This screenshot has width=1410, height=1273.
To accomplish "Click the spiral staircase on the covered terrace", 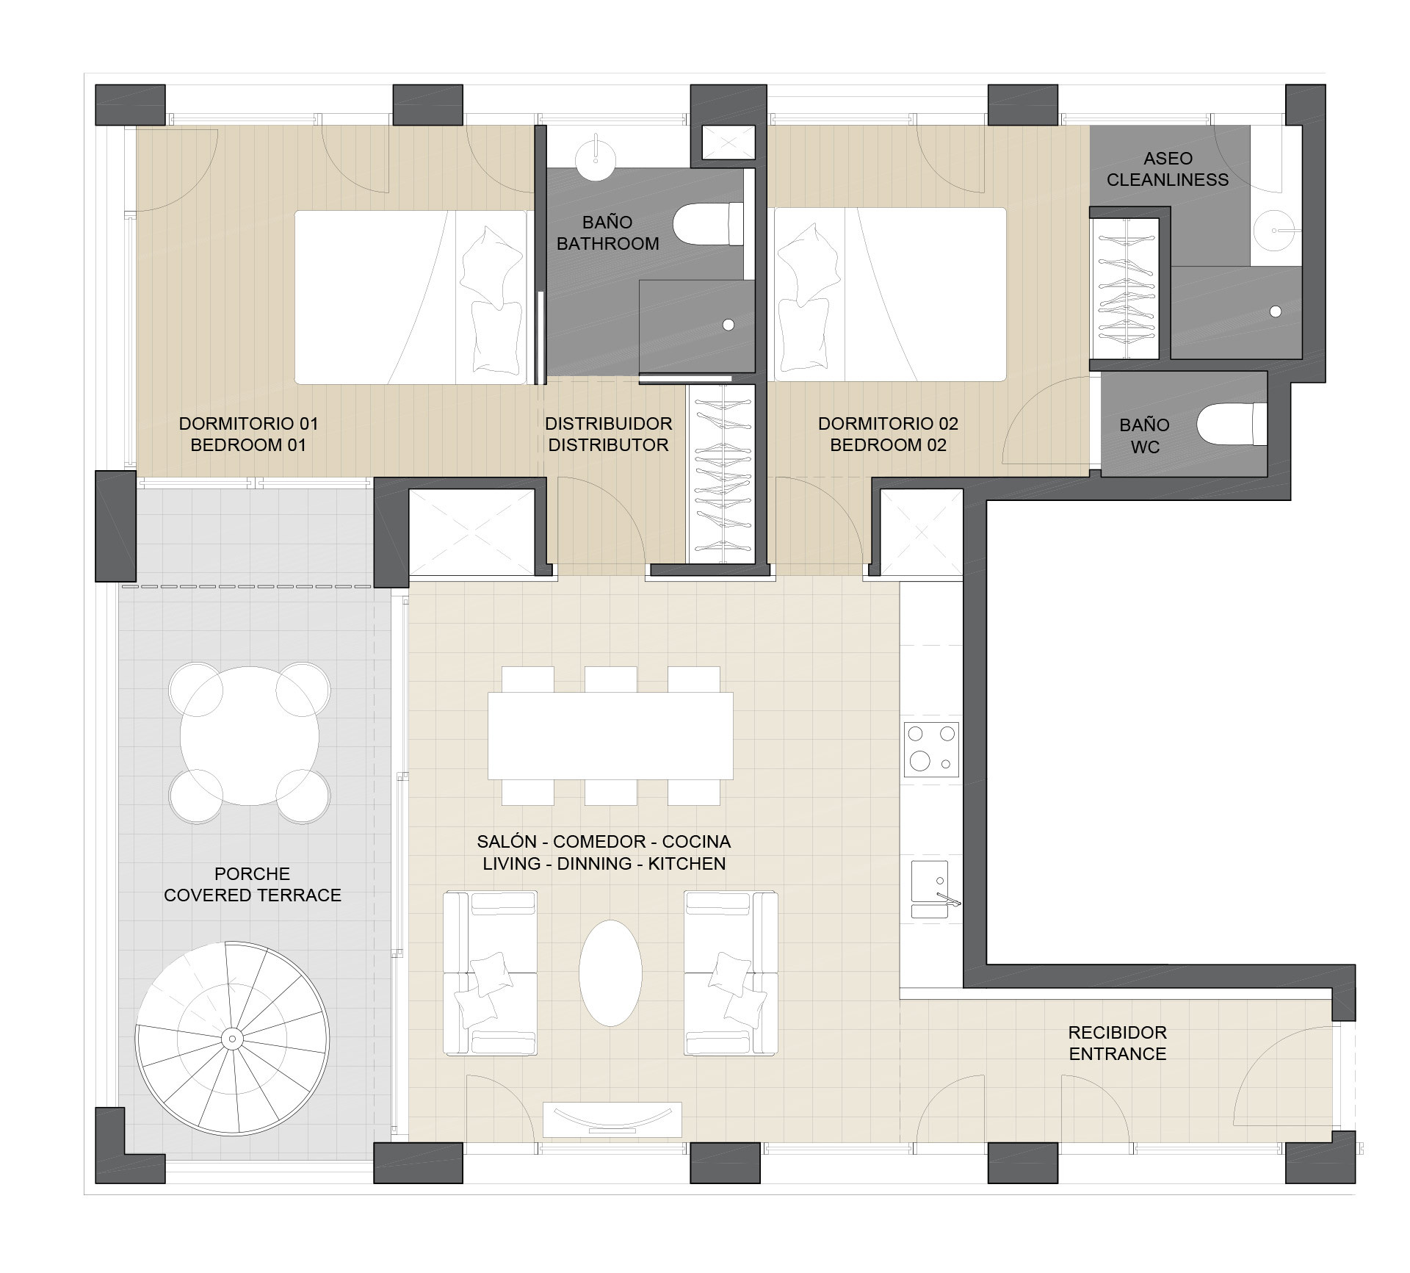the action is (x=232, y=1037).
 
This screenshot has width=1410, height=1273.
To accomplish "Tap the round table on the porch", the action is (x=250, y=736).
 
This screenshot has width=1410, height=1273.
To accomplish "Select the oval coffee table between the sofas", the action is (x=610, y=973).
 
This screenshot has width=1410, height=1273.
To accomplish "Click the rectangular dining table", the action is (x=610, y=735).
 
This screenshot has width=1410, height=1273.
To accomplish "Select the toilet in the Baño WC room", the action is (x=1232, y=424).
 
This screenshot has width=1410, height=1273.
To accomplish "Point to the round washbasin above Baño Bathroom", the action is (x=596, y=157).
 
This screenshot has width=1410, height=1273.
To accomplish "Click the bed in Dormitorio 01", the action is (x=411, y=297).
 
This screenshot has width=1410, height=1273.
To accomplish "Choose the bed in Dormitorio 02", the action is (x=890, y=294).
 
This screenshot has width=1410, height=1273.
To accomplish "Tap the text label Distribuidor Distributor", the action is (x=609, y=434).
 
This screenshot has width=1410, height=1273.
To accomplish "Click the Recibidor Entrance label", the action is (x=1118, y=1043).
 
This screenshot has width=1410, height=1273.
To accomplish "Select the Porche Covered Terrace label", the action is (x=253, y=884).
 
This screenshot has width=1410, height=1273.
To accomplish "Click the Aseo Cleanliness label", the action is (x=1168, y=169).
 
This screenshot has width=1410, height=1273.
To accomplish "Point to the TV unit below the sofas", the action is (x=612, y=1119).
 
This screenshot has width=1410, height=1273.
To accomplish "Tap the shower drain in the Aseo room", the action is (x=1276, y=311).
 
